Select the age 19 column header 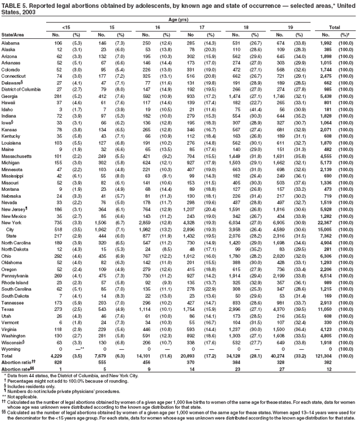pos(296,26)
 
